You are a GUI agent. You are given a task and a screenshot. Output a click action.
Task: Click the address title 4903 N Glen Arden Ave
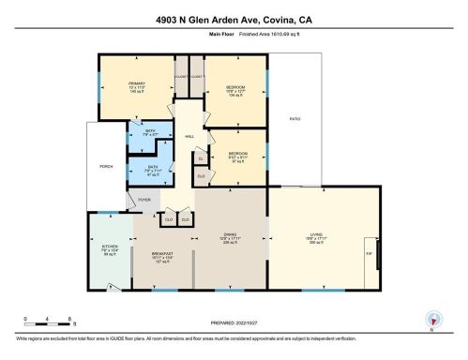pyautogui.click(x=234, y=17)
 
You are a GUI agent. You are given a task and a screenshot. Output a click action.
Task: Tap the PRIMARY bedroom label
pyautogui.click(x=137, y=84)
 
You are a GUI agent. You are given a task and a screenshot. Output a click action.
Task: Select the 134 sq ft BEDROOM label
pyautogui.click(x=235, y=87)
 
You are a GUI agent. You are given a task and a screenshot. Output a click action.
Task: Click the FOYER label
pyautogui.click(x=144, y=199)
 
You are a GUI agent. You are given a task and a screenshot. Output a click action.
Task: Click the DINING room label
pyautogui.click(x=229, y=234)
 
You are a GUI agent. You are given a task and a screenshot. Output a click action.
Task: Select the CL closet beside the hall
pyautogui.click(x=202, y=157)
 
